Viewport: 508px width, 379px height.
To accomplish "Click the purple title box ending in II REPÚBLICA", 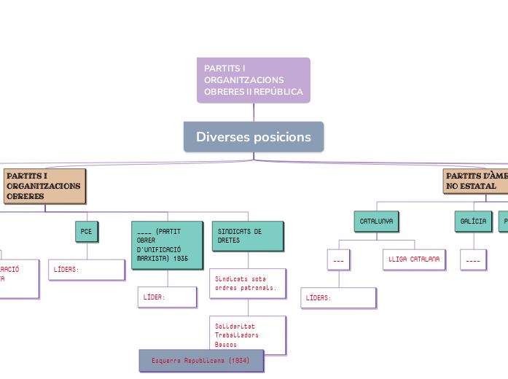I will pyautogui.click(x=253, y=80).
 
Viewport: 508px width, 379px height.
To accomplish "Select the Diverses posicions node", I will pyautogui.click(x=253, y=137).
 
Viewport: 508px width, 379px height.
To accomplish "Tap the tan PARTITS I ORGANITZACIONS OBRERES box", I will pyautogui.click(x=44, y=186).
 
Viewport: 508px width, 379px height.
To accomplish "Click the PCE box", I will pyautogui.click(x=87, y=231).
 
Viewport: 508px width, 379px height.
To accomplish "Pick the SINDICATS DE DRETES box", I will pyautogui.click(x=247, y=235).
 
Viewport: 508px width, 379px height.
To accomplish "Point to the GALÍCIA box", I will pyautogui.click(x=474, y=220).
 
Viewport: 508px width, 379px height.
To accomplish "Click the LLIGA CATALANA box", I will pyautogui.click(x=413, y=259).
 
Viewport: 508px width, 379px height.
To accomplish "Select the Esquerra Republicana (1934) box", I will pyautogui.click(x=201, y=361).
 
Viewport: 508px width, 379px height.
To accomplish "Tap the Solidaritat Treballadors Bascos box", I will pyautogui.click(x=247, y=335).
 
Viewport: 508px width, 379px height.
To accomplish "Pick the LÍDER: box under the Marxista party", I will pyautogui.click(x=167, y=297).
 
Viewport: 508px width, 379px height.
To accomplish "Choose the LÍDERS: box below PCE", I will pyautogui.click(x=86, y=269).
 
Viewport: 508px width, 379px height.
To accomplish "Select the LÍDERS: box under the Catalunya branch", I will pyautogui.click(x=338, y=297).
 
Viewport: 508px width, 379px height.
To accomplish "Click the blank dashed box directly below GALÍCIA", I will pyautogui.click(x=473, y=259).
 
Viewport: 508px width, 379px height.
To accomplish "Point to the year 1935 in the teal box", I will pyautogui.click(x=181, y=258).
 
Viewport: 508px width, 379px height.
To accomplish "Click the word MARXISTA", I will pyautogui.click(x=153, y=258).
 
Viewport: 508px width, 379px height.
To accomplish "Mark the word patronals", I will pyautogui.click(x=259, y=288).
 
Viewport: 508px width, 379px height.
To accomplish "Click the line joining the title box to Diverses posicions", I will pyautogui.click(x=254, y=112).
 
